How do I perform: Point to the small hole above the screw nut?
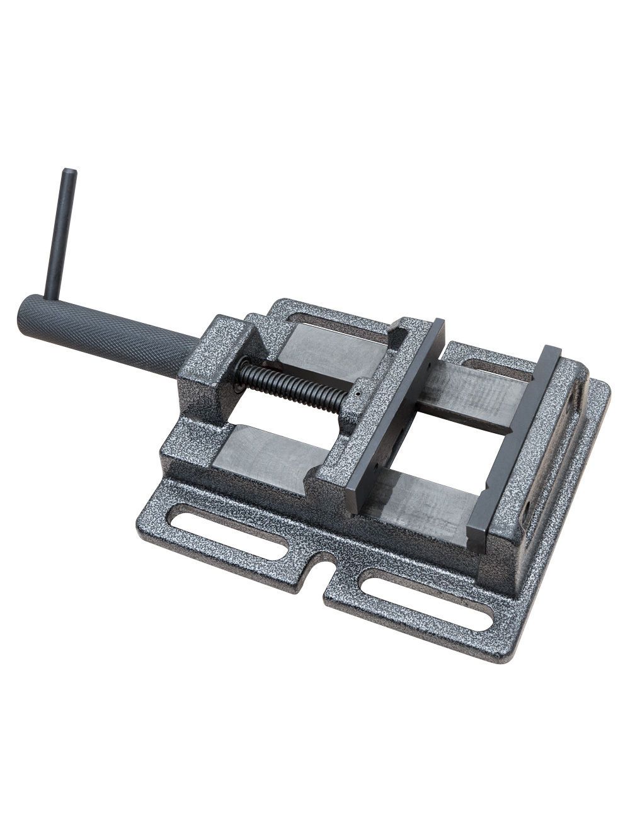(357, 395)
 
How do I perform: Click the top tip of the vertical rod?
(69, 173)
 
